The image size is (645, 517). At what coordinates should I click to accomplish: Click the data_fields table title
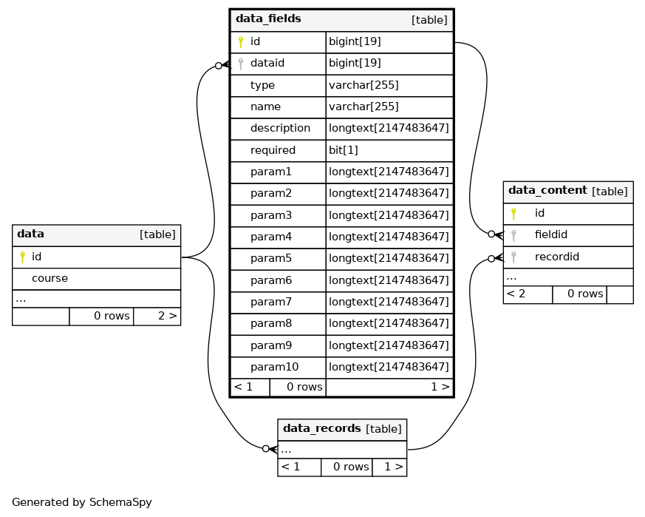(268, 19)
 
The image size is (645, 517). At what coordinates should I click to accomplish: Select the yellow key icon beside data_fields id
(241, 42)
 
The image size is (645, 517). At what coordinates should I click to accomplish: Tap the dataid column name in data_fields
(267, 63)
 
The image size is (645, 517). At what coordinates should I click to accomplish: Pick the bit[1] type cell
(344, 150)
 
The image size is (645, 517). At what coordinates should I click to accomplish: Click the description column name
(280, 128)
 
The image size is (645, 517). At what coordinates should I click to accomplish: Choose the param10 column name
(274, 367)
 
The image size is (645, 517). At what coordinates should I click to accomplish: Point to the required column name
(273, 150)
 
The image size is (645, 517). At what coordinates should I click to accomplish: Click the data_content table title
(547, 190)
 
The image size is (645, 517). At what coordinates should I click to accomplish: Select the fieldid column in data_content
(551, 234)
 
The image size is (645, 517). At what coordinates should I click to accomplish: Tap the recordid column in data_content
(557, 257)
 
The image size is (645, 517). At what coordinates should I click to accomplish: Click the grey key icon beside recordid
(513, 257)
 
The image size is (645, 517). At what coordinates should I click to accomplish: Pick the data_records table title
(321, 428)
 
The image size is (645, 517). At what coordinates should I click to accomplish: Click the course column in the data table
(50, 279)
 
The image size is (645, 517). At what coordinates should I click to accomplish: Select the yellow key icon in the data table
(23, 257)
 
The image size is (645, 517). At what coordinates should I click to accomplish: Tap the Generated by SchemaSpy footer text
(82, 502)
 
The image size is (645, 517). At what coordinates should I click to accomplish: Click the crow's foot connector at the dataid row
(223, 65)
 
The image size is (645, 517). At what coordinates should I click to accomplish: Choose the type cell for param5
(389, 258)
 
